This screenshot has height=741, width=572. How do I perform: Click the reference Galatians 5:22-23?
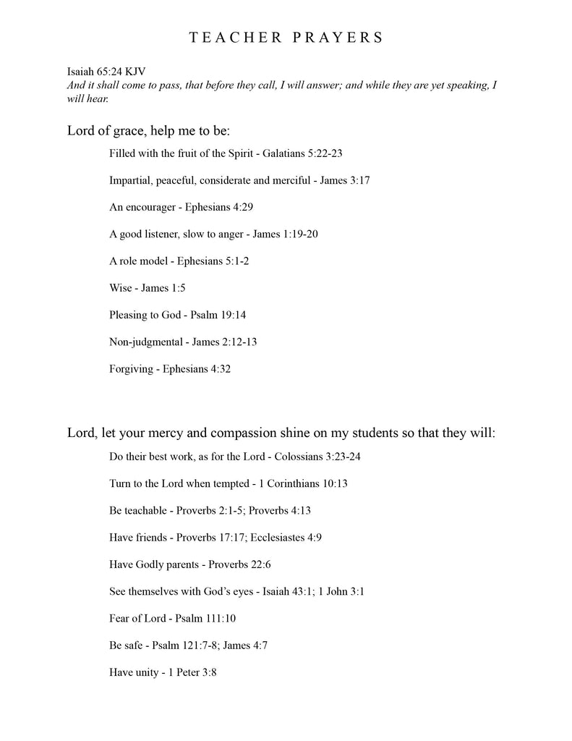tap(302, 153)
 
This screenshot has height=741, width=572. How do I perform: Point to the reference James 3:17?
tap(345, 180)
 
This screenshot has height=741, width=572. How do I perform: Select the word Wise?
tap(121, 288)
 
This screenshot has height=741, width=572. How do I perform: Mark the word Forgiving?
tap(131, 368)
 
